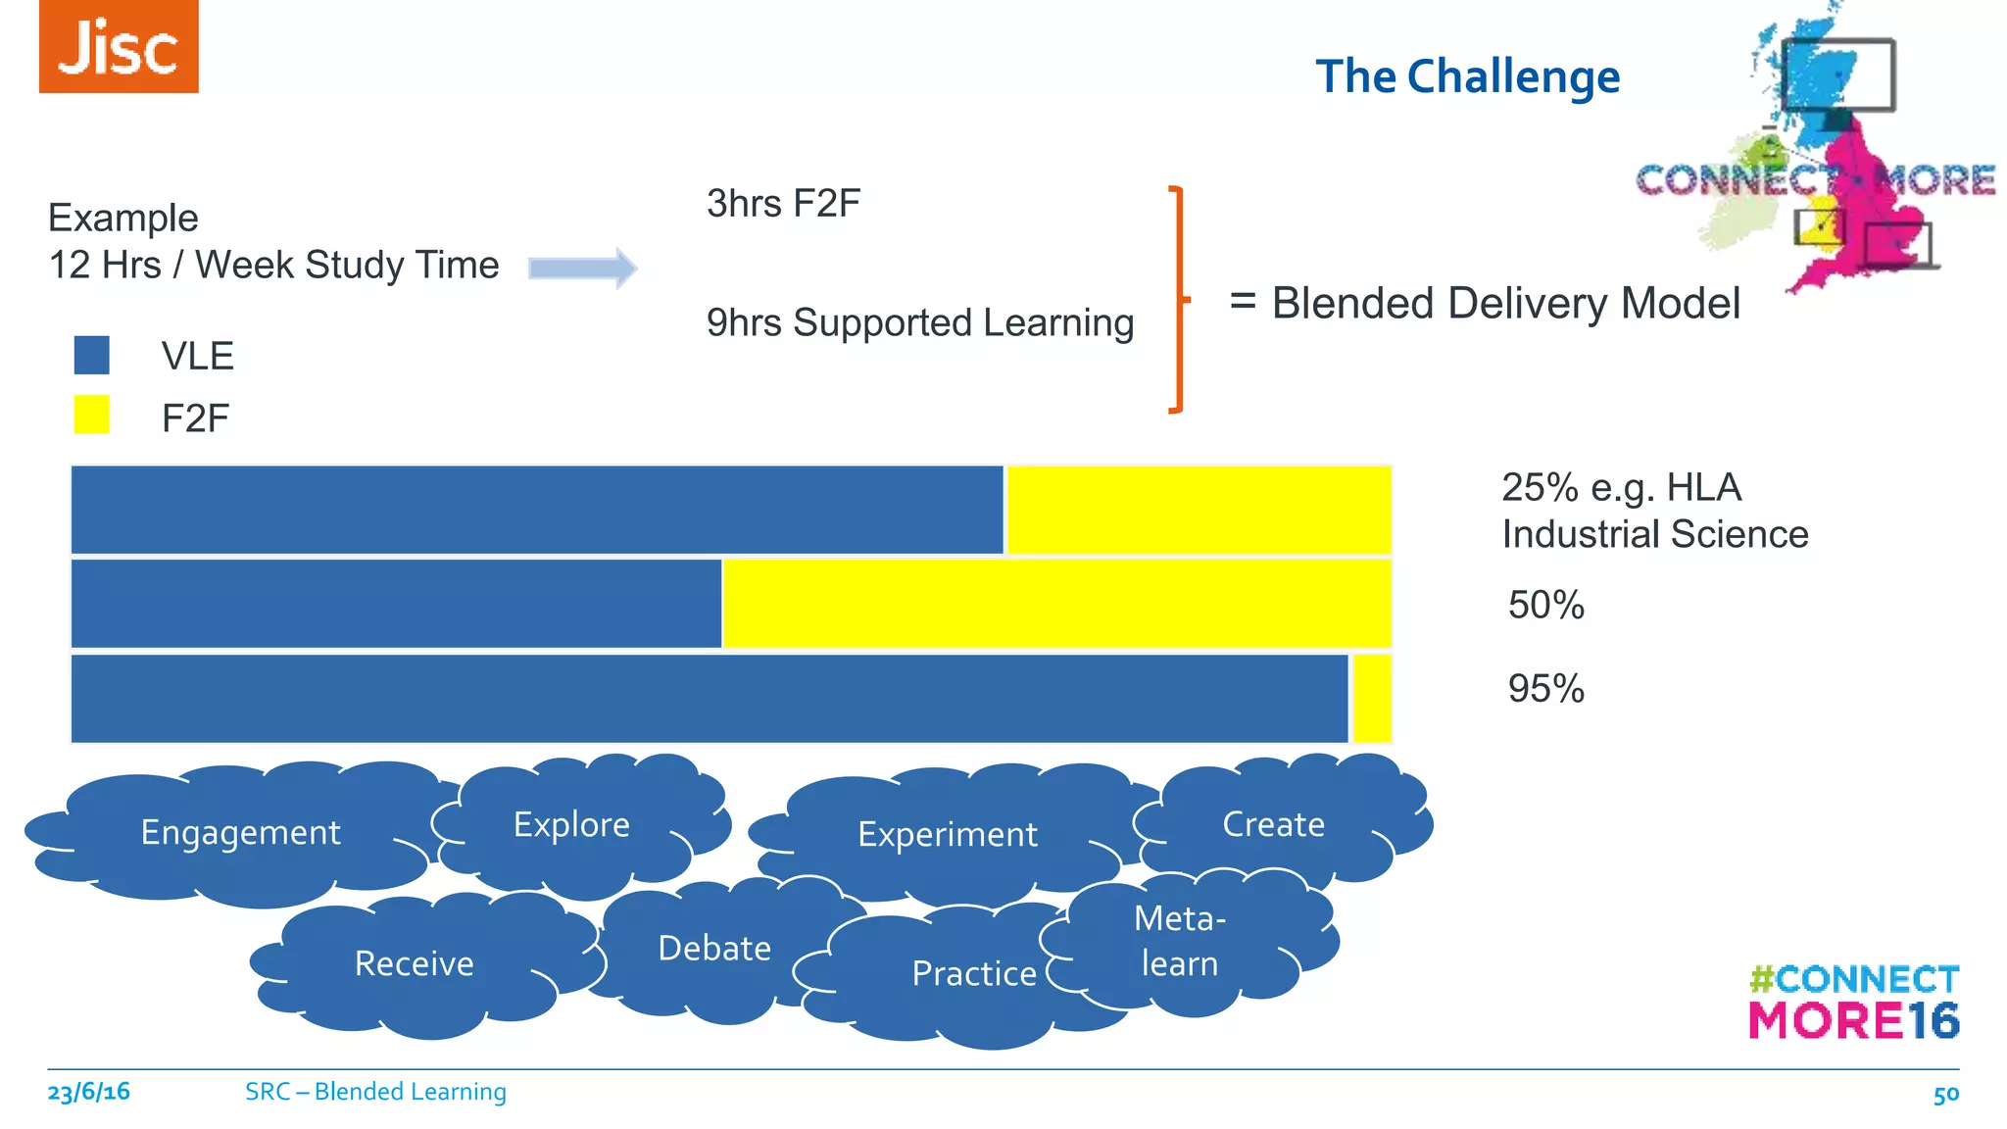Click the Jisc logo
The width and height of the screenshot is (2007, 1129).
point(119,46)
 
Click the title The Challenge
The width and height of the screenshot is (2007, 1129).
point(1467,76)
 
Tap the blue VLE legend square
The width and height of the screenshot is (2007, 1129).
point(92,355)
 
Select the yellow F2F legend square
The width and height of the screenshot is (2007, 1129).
point(92,415)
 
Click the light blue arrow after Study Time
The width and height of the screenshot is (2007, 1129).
point(582,268)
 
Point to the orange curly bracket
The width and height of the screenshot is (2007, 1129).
point(1179,299)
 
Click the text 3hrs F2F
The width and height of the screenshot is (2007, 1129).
point(783,204)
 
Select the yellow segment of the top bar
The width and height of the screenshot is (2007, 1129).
point(1199,510)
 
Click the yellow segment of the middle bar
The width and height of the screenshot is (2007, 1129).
point(1056,604)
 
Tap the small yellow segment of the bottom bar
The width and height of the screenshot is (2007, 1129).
point(1371,699)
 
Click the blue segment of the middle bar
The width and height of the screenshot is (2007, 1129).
point(396,604)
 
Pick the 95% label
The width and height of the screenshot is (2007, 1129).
point(1545,688)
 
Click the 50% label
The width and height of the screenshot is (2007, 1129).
point(1545,605)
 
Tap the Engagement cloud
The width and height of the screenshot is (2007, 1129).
point(240,833)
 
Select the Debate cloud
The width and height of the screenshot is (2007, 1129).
point(713,949)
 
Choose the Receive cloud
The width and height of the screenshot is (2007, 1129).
point(414,964)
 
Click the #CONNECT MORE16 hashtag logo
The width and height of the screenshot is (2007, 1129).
point(1853,1002)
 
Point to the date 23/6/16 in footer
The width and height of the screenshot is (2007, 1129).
point(88,1092)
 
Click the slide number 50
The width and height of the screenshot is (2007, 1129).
point(1945,1095)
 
